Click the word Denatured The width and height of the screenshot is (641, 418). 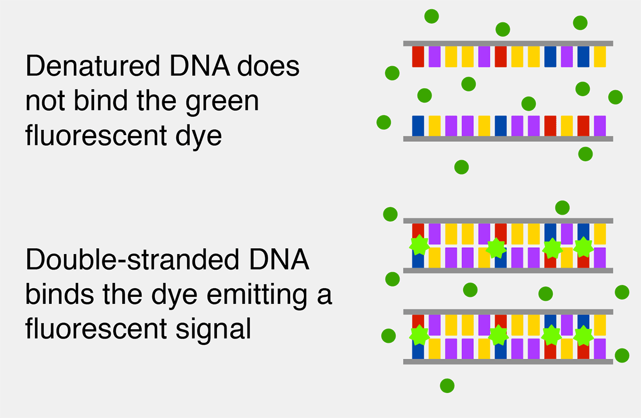pos(93,66)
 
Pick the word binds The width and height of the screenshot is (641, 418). pos(59,294)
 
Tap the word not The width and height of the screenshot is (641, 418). pos(45,101)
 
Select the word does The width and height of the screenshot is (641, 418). pos(268,66)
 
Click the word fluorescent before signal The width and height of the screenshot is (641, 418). pos(96,328)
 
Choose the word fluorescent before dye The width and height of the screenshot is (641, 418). pos(96,135)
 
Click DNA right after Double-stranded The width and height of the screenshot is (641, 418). pos(279,259)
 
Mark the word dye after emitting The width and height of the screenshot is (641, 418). pos(174,296)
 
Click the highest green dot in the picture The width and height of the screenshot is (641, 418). pos(432,17)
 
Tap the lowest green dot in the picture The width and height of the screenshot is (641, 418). pos(447,385)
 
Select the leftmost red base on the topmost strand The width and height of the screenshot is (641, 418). pos(418,57)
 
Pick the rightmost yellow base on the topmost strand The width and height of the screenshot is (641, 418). pos(600,57)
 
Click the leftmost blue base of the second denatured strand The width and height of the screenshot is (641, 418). pos(418,126)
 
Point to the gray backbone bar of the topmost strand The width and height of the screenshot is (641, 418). pos(508,43)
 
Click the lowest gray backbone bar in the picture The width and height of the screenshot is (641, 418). pos(508,361)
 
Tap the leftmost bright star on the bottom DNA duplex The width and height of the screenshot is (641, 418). pos(419,335)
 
